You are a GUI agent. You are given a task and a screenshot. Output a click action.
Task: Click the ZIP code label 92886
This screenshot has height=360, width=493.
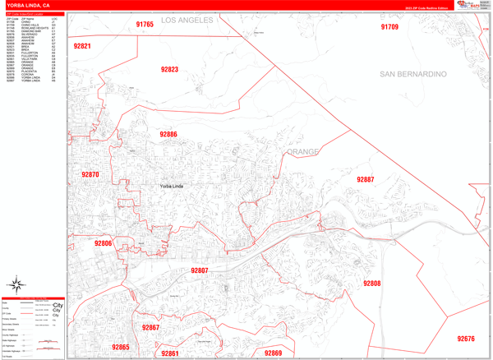tap(168, 134)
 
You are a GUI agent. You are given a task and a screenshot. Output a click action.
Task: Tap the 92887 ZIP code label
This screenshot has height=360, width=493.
tap(365, 179)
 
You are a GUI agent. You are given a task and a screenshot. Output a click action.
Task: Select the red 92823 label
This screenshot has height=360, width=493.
tap(169, 70)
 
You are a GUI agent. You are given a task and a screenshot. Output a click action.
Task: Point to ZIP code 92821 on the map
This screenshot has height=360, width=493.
tap(81, 47)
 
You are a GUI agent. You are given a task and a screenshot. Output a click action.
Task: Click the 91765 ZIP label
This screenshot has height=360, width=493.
tap(145, 25)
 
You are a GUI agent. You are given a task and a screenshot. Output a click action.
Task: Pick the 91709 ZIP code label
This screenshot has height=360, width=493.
tap(389, 27)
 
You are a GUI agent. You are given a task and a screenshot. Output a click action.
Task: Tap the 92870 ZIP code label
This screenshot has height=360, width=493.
tap(90, 174)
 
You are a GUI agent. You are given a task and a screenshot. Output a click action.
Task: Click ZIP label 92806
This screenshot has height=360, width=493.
tap(103, 243)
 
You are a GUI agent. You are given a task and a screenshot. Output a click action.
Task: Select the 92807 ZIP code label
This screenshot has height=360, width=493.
tap(200, 270)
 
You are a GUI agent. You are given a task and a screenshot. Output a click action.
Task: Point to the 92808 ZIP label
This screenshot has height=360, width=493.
tap(372, 283)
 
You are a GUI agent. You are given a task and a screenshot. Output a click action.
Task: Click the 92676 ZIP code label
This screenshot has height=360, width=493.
tap(466, 339)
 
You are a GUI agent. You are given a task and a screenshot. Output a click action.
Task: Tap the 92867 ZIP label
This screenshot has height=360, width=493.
tap(150, 327)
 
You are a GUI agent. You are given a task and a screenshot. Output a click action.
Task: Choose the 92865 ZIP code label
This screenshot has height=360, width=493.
tap(121, 347)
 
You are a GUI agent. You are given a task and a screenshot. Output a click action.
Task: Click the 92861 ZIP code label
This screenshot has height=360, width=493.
tap(170, 353)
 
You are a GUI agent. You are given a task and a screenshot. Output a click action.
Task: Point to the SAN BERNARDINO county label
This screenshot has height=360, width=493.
tap(413, 74)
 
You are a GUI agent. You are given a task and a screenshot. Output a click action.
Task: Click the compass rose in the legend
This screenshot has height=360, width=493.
tap(16, 286)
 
